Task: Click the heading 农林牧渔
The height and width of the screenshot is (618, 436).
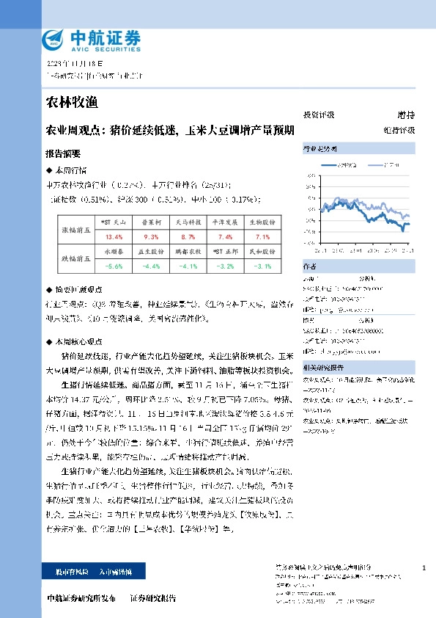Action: (x=71, y=101)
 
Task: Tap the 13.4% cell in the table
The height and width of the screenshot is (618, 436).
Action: (x=114, y=237)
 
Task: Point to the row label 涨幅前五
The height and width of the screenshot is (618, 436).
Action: (x=75, y=230)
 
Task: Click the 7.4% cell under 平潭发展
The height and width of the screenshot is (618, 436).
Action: (x=225, y=237)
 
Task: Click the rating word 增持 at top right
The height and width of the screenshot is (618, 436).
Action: (x=405, y=115)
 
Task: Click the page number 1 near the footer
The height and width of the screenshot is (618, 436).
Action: (x=424, y=568)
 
